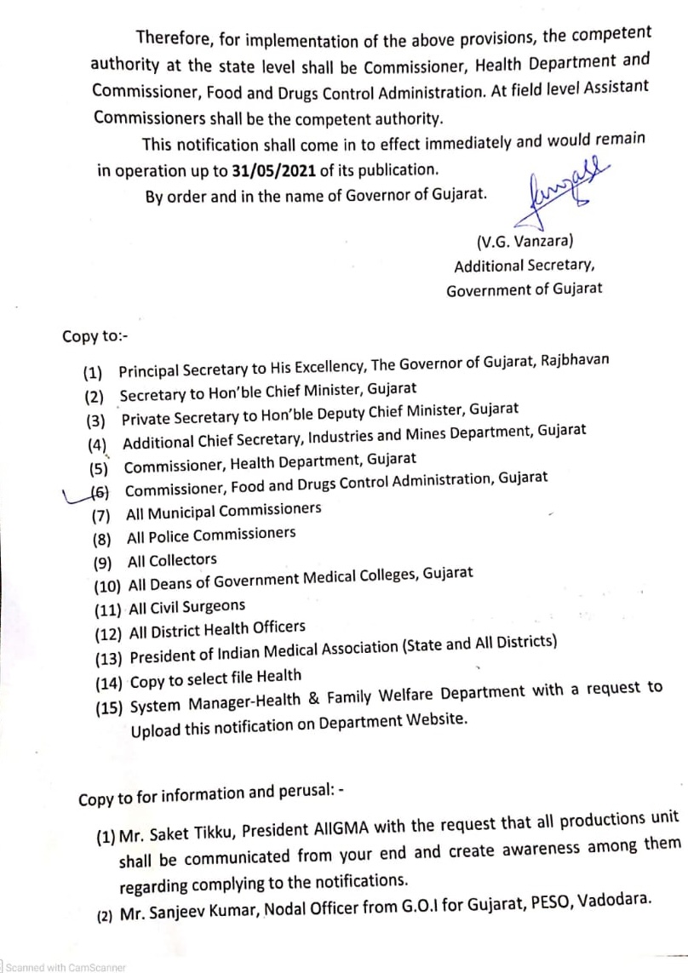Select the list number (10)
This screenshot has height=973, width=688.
109,586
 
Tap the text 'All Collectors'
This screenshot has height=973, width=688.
172,560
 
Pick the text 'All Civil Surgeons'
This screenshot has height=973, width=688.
186,606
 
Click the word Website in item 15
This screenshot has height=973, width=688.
433,717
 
